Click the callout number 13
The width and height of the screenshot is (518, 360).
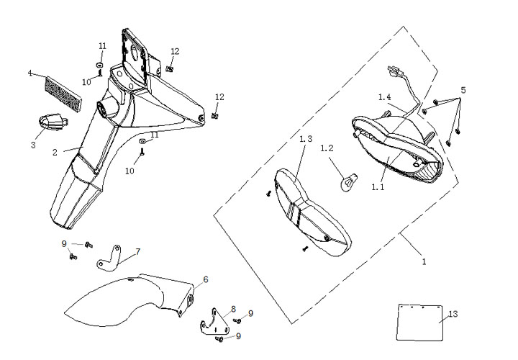click(453, 314)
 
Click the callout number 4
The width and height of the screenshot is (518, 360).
click(30, 73)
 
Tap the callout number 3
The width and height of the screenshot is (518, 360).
click(33, 145)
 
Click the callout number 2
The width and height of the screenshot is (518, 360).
click(55, 153)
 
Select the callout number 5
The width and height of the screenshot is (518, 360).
click(463, 90)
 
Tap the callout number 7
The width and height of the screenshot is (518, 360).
click(137, 251)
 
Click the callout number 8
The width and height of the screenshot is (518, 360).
click(233, 309)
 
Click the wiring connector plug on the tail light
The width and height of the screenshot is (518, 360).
click(393, 72)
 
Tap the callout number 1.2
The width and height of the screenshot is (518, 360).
click(327, 148)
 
